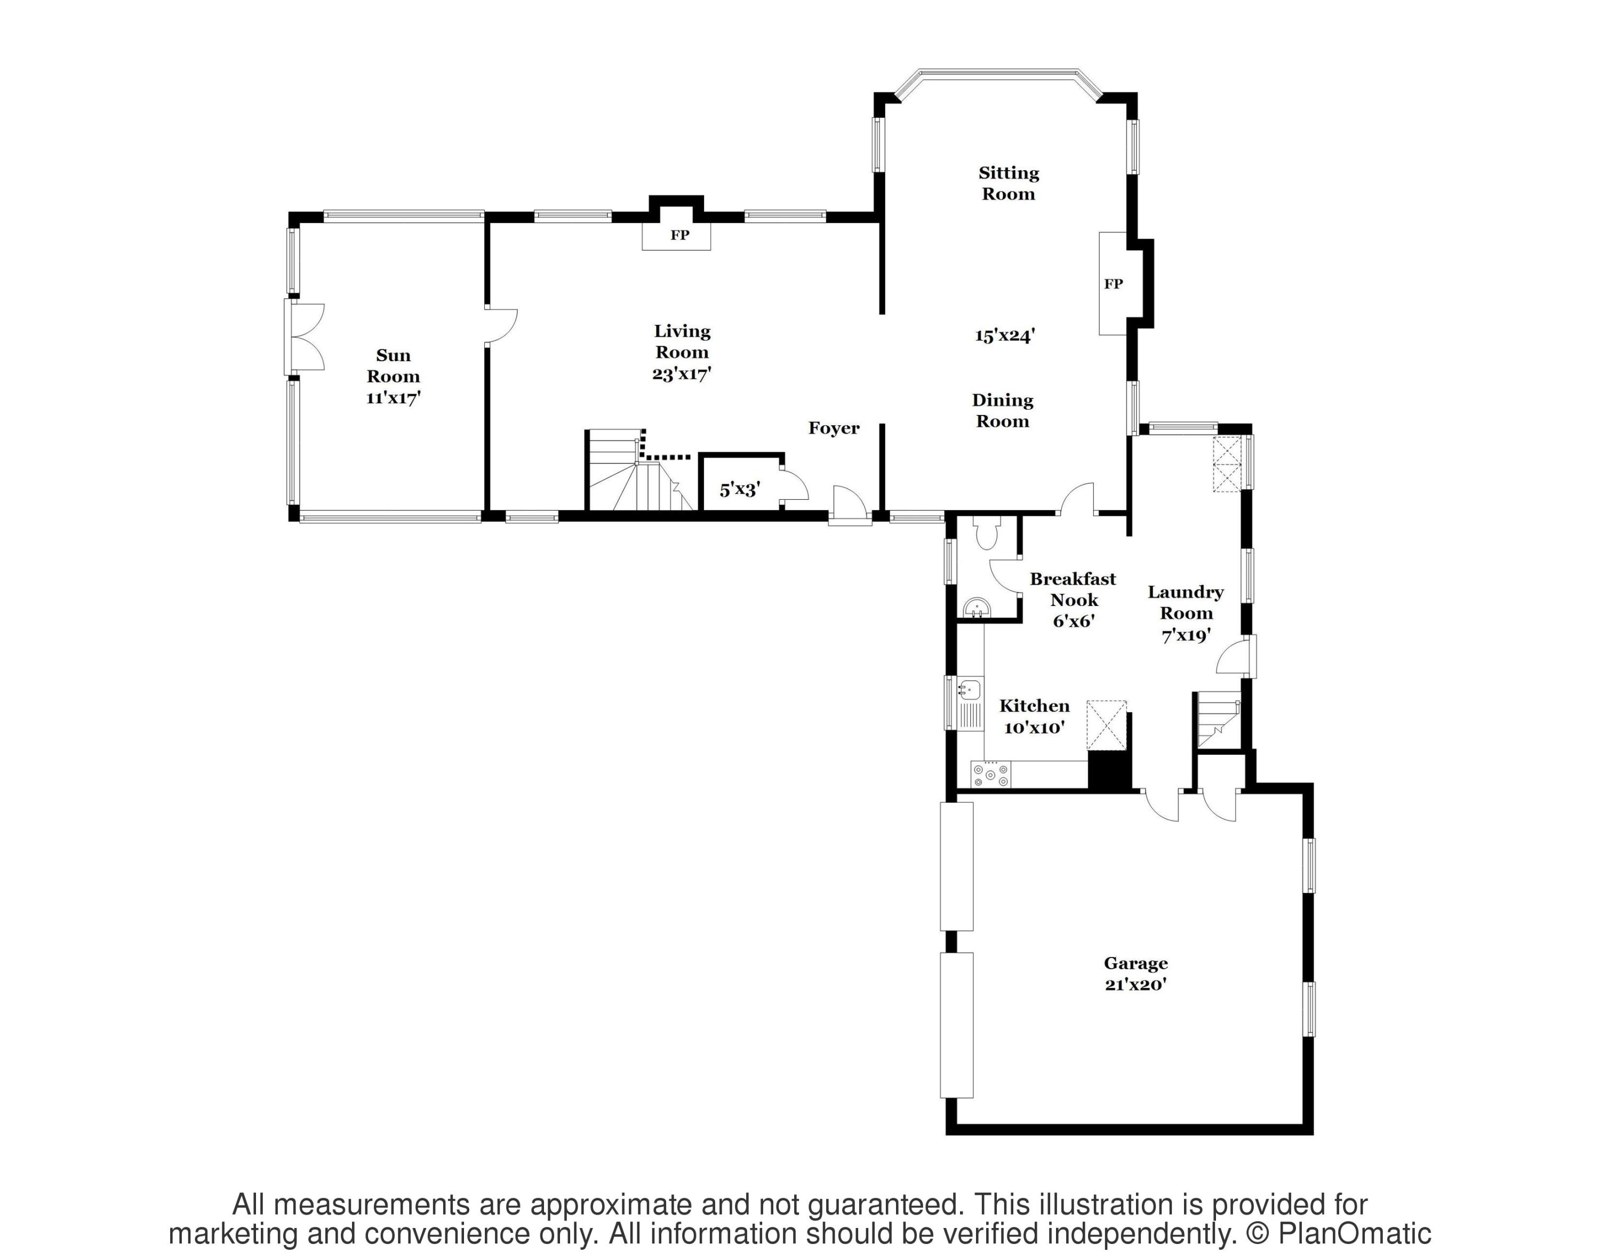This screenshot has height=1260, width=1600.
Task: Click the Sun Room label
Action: click(393, 366)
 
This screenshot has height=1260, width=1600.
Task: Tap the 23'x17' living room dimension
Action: click(681, 374)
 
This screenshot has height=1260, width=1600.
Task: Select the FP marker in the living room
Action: click(679, 235)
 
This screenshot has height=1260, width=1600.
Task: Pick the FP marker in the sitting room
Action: click(1113, 284)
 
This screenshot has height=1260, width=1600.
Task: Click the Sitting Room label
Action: click(1009, 183)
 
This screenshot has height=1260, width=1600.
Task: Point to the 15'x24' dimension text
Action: click(1005, 336)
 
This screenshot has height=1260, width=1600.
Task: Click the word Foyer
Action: click(834, 428)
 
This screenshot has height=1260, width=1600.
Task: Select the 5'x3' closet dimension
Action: click(739, 489)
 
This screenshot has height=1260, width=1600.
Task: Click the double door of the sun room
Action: click(305, 337)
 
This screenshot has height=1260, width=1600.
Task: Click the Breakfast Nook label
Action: click(1073, 589)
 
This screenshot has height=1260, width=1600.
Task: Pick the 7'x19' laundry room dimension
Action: click(1186, 634)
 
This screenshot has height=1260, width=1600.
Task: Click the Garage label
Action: click(1135, 963)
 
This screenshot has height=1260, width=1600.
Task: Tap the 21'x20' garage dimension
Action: click(1135, 984)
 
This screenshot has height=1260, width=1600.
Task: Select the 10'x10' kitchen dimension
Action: click(1034, 728)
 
